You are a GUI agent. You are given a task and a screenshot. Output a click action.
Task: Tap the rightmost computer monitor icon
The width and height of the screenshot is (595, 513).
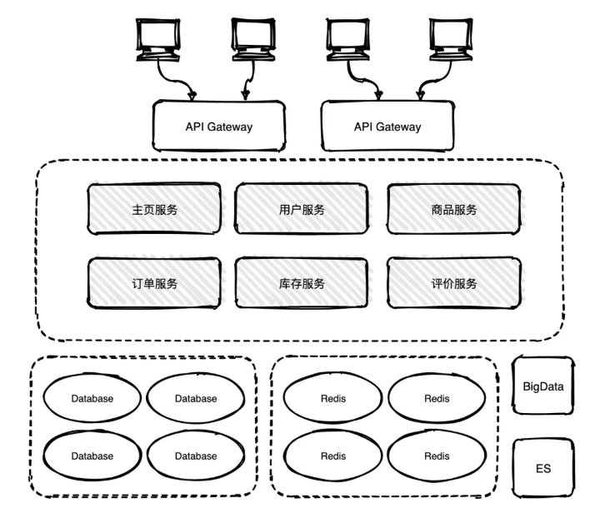(450, 37)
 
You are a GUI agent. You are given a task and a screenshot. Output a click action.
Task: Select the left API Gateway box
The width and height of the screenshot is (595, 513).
(218, 127)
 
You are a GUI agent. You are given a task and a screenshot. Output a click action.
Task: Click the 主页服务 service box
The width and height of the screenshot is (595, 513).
(155, 210)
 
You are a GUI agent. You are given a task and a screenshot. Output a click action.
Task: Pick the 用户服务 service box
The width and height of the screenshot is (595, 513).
(302, 210)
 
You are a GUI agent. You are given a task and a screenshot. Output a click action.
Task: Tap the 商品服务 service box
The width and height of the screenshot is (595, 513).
(449, 210)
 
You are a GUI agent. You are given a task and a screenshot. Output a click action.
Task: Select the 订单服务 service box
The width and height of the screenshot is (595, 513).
(155, 283)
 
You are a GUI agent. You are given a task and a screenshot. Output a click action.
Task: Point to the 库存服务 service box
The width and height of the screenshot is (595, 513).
(302, 283)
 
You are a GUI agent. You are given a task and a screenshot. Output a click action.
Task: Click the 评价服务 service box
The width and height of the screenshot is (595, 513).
(449, 283)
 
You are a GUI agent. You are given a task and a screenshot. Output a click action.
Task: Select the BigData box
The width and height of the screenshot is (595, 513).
(543, 387)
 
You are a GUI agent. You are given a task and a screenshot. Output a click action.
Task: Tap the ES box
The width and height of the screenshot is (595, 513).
(543, 469)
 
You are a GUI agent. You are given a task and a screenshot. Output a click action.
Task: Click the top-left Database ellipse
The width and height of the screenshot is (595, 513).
(92, 398)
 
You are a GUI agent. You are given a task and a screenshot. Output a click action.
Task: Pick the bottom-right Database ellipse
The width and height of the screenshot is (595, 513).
(196, 456)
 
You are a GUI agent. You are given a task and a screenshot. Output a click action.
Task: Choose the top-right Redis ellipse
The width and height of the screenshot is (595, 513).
(437, 398)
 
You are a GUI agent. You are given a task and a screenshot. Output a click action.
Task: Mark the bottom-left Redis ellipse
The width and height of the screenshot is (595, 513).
(332, 456)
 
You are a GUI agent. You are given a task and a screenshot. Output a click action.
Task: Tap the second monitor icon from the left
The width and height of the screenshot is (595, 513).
(252, 37)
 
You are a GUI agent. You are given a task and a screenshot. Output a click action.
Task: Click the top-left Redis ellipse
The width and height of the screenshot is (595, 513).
(332, 398)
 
